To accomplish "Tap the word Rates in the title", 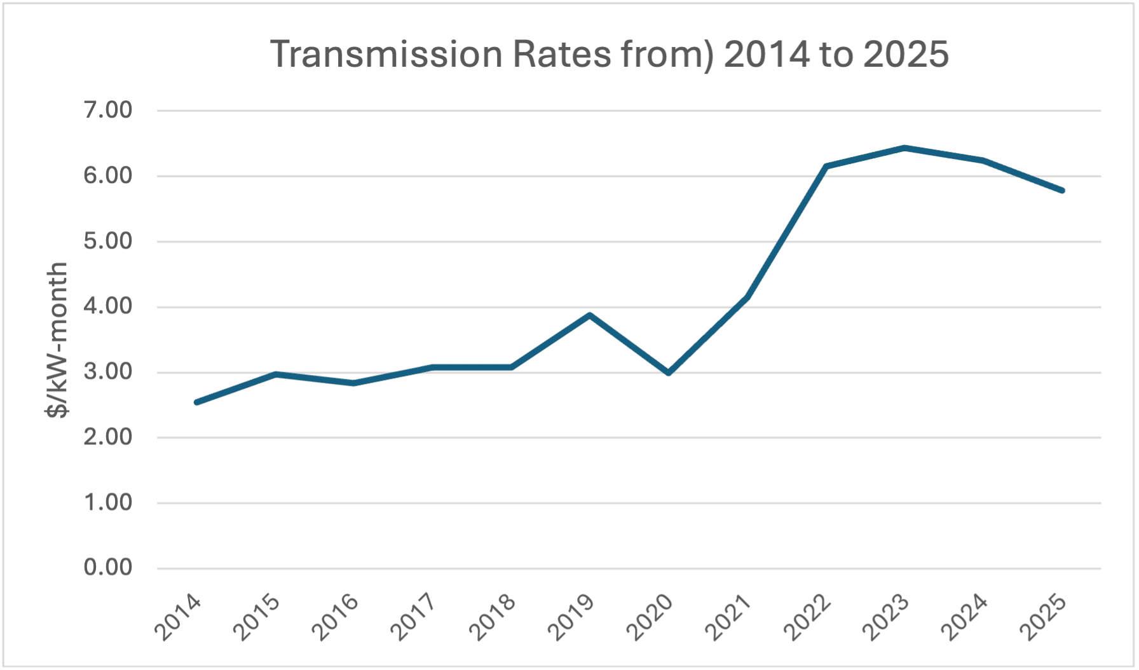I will coord(562,55).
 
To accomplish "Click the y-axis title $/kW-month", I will coord(57,339).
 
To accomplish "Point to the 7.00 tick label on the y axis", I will coord(107,110).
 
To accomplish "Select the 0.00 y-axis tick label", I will coord(107,568).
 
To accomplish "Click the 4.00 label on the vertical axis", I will coord(107,306).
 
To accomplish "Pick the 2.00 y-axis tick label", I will coord(107,437).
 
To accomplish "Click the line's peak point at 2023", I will coord(904,148).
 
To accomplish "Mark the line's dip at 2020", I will coord(669,373).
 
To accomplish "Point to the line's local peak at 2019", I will coord(590,315).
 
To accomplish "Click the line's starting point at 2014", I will coord(196,402).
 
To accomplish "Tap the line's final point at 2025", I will coord(1062,190).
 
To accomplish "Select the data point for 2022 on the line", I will coord(826,167).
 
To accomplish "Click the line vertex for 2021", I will coord(747,297).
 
